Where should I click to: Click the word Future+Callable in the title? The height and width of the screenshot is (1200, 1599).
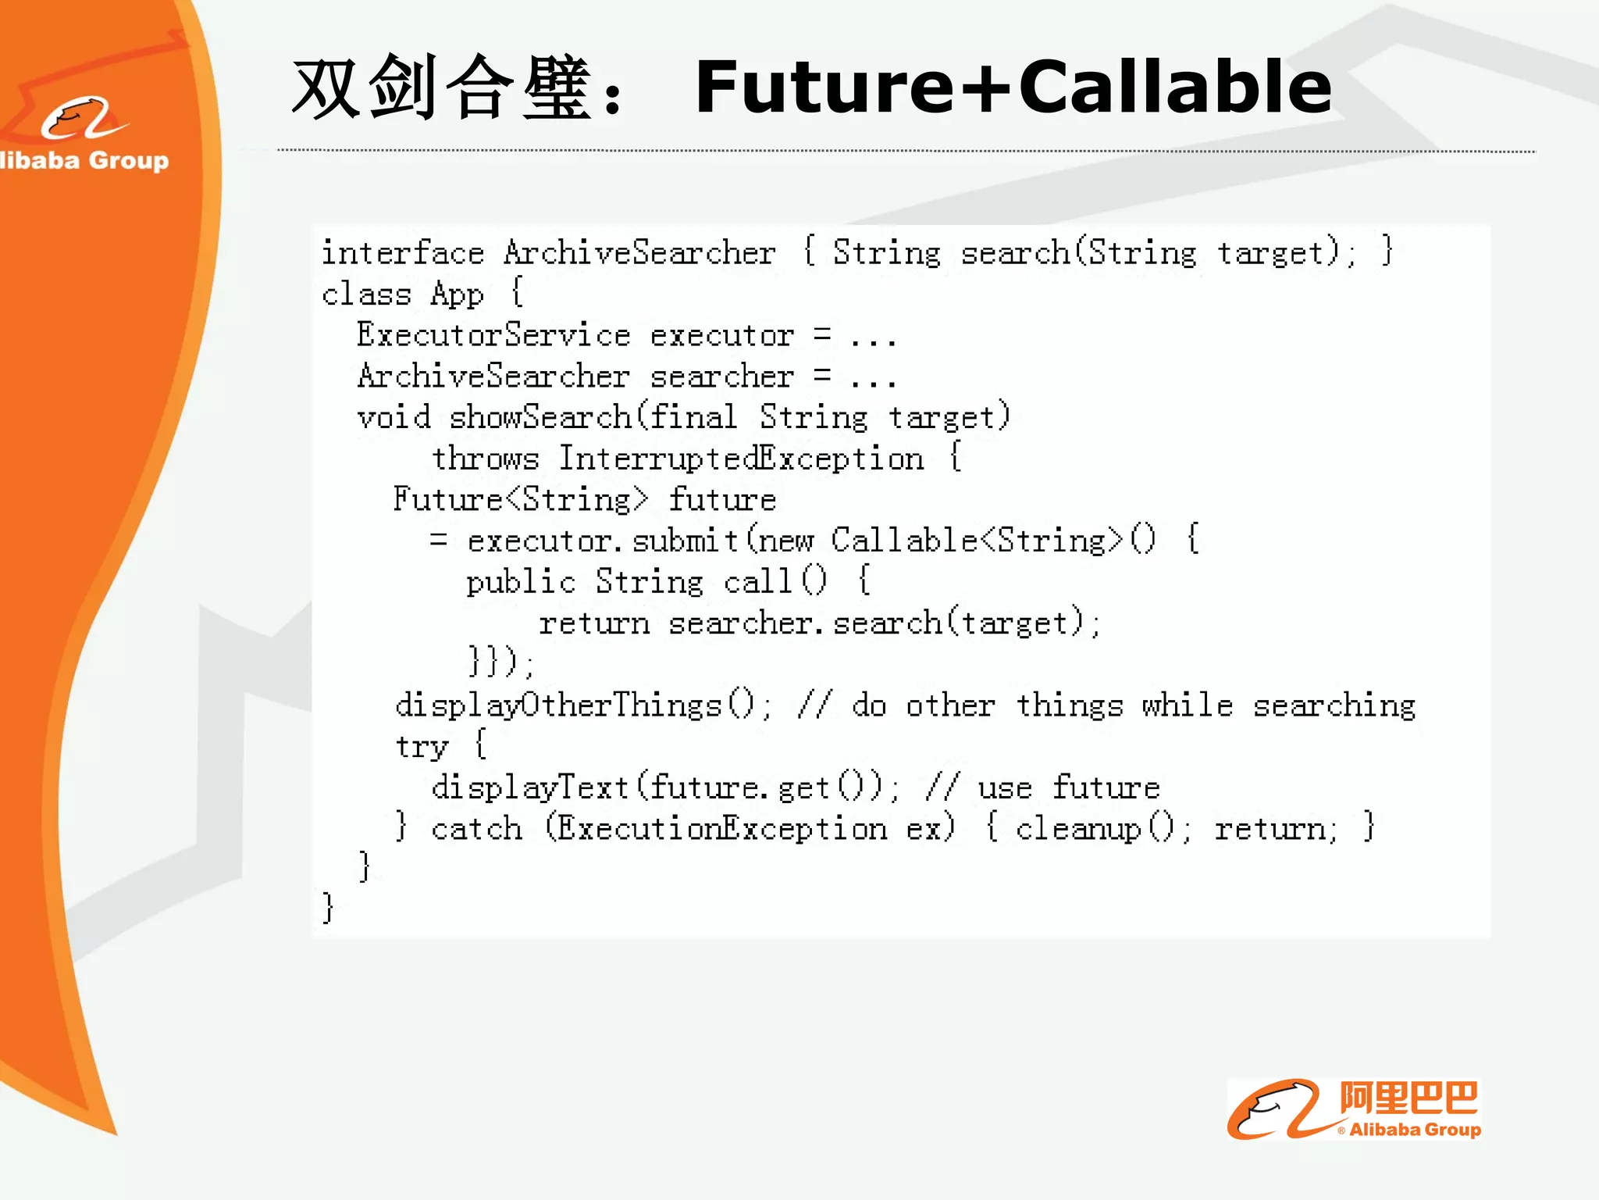click(x=1013, y=87)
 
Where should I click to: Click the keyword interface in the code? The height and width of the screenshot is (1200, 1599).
click(x=403, y=253)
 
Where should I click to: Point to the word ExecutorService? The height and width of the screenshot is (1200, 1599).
click(x=493, y=335)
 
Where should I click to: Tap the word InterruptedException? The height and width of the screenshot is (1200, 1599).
click(x=741, y=459)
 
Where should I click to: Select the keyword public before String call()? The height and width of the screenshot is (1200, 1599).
click(x=520, y=582)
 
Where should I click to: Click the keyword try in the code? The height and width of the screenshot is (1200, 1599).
click(x=422, y=747)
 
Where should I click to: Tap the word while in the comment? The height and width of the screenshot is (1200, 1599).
click(x=1187, y=705)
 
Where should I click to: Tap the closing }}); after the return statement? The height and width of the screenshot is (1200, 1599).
click(x=500, y=663)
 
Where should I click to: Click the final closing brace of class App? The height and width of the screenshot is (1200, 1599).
click(x=328, y=909)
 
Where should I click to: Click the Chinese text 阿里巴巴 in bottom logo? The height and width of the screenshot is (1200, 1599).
click(x=1408, y=1098)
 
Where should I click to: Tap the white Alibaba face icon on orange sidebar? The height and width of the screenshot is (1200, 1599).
click(x=82, y=119)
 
